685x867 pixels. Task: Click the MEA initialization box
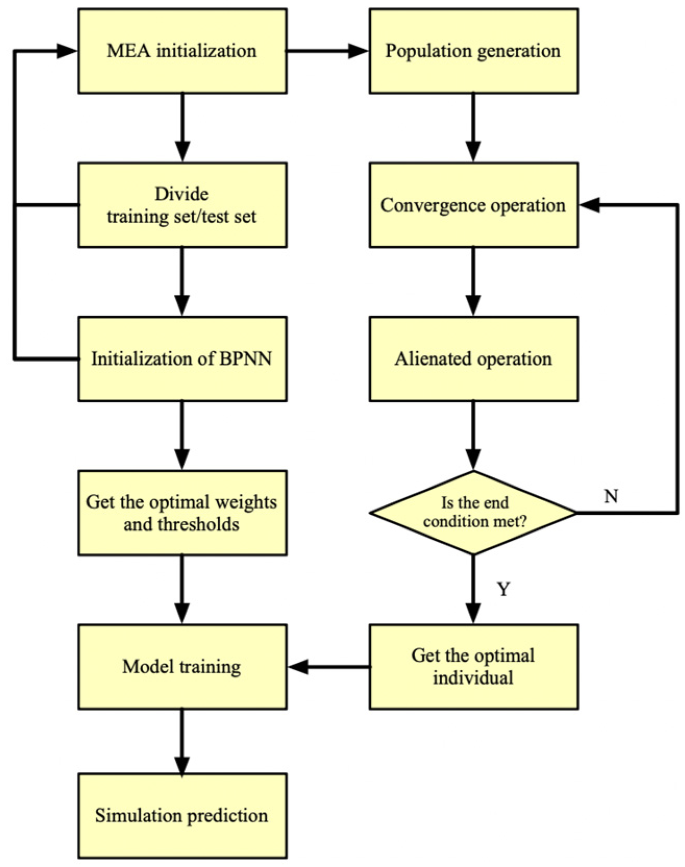point(182,51)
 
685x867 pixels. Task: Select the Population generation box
point(473,51)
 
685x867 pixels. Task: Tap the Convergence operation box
point(473,205)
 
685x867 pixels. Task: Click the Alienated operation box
point(473,358)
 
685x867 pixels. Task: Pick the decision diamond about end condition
point(473,513)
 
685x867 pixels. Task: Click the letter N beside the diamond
point(611,496)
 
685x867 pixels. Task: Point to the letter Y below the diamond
point(503,589)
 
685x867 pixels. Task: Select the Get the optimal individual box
point(473,666)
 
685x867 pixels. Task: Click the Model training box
point(182,666)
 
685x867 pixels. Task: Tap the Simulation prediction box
point(182,815)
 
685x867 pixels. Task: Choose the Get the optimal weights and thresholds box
point(182,513)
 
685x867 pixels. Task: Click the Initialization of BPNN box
point(182,358)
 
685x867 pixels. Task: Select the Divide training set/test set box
point(182,205)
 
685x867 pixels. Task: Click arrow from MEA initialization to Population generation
point(327,51)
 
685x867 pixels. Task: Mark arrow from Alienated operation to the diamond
point(473,436)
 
